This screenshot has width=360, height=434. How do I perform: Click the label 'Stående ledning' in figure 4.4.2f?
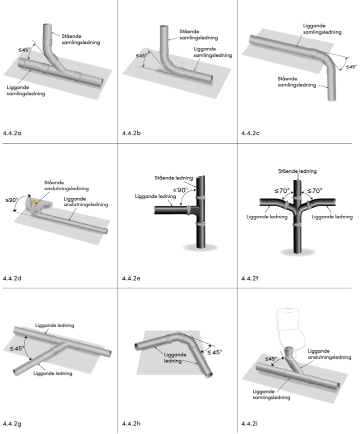coord(297,171)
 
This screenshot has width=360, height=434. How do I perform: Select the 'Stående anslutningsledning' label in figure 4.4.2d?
coord(66,185)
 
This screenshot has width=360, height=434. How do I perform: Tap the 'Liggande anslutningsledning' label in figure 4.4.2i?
coord(328,354)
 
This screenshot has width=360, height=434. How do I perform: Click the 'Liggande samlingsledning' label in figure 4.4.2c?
coord(322,28)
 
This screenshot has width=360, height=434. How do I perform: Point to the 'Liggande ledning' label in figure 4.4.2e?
coord(152,196)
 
